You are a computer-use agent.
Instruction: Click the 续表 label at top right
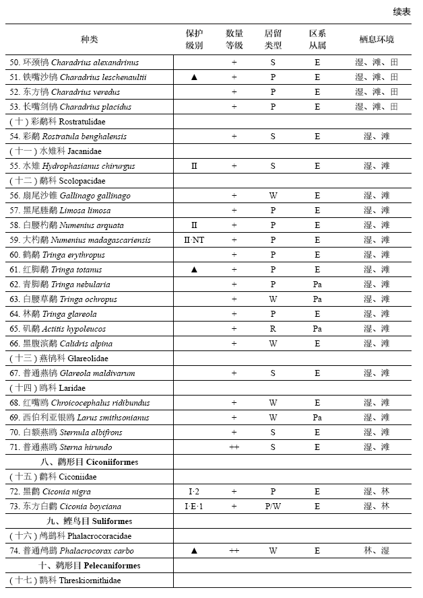pyautogui.click(x=401, y=11)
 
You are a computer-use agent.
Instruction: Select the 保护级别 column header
pyautogui.click(x=194, y=39)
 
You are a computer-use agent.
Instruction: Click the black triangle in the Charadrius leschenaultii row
pyautogui.click(x=194, y=77)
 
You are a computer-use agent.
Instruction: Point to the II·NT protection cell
pyautogui.click(x=194, y=240)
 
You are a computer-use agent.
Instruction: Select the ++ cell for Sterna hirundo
pyautogui.click(x=234, y=447)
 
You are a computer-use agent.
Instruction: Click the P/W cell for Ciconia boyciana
pyautogui.click(x=273, y=507)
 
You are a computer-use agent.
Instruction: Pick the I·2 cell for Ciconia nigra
pyautogui.click(x=194, y=492)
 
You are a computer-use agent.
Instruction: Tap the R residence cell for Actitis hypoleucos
pyautogui.click(x=273, y=329)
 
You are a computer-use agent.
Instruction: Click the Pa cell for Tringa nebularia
pyautogui.click(x=317, y=285)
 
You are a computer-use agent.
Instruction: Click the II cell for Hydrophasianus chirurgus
pyautogui.click(x=194, y=166)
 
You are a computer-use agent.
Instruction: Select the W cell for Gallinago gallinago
pyautogui.click(x=273, y=196)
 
